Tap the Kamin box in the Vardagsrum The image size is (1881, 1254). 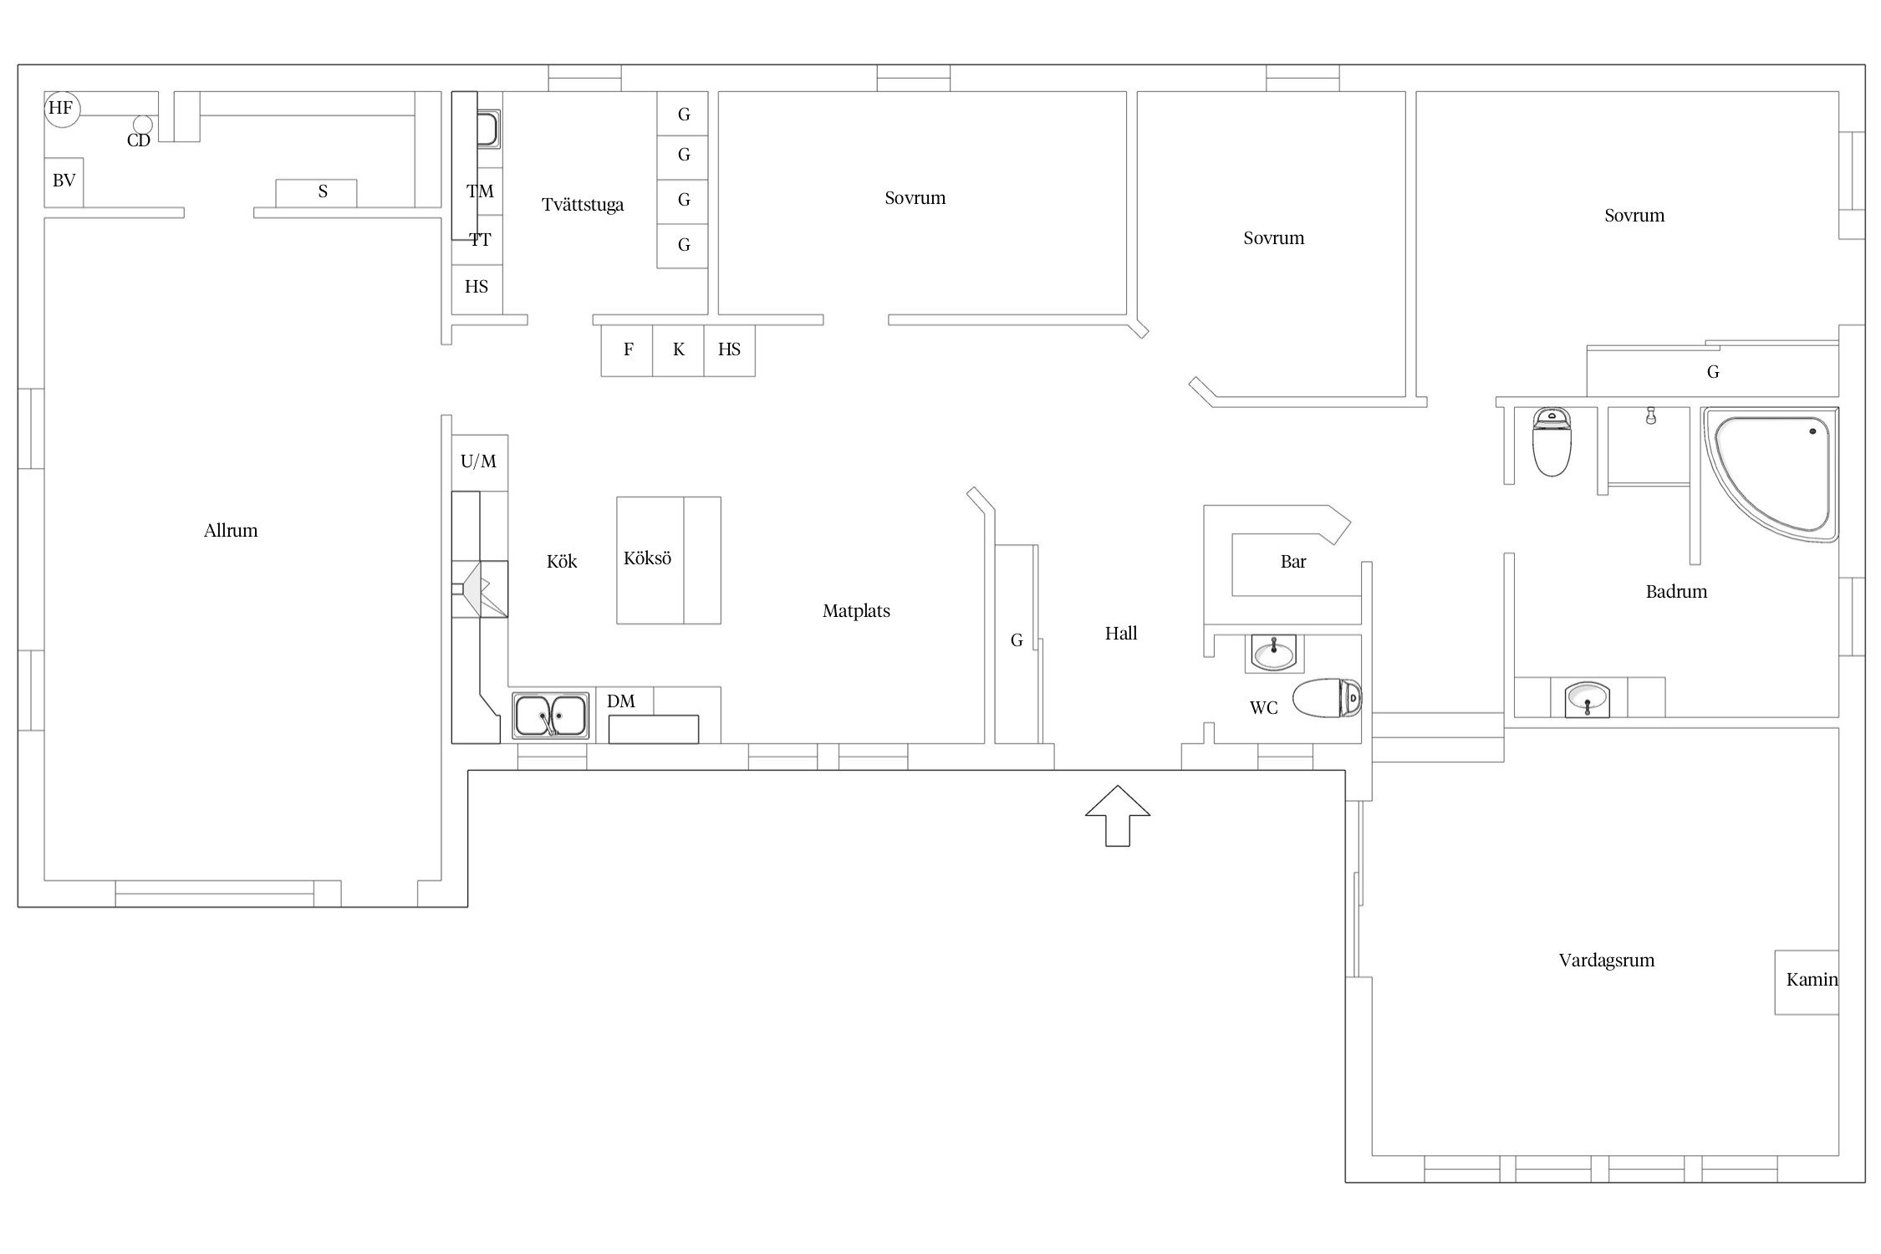point(1807,982)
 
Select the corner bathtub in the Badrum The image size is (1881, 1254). point(1771,474)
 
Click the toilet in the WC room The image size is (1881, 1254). point(1328,698)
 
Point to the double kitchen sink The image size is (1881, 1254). point(550,716)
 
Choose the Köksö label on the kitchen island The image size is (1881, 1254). point(647,558)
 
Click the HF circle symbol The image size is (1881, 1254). point(62,109)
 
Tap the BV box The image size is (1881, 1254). point(64,181)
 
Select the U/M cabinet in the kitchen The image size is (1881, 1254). point(479,462)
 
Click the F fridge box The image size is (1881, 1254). point(627,350)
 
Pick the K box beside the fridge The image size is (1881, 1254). point(678,350)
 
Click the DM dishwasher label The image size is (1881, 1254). point(621,701)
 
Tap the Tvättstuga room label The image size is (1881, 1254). point(583,205)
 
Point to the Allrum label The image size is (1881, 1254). point(231,531)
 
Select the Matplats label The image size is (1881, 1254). point(856,611)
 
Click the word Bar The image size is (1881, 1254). point(1293,562)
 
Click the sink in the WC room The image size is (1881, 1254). point(1273,653)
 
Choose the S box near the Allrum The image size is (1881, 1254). point(316,192)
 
